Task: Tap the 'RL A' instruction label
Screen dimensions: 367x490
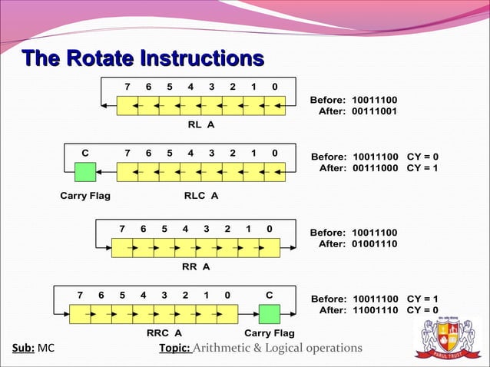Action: click(x=201, y=124)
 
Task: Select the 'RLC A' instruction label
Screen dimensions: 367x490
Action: click(x=201, y=196)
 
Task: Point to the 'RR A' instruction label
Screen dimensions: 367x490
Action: click(x=196, y=267)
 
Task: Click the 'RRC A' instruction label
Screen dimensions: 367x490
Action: click(x=164, y=333)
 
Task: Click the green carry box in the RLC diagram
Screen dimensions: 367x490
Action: click(x=84, y=172)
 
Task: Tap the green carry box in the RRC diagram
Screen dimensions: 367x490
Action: click(x=269, y=315)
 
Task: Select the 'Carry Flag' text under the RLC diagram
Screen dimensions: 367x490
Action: click(x=84, y=196)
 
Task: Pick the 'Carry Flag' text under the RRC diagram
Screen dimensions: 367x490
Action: click(x=269, y=333)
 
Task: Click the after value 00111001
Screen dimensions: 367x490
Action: click(x=374, y=112)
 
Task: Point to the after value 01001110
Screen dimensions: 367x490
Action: click(x=374, y=244)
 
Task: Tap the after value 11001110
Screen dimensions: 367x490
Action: click(x=374, y=310)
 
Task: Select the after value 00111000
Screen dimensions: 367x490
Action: click(x=374, y=168)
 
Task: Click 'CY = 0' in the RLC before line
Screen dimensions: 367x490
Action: click(x=422, y=157)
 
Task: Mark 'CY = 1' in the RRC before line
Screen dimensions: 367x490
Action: click(x=422, y=299)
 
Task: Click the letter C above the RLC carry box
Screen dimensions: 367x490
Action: click(x=85, y=152)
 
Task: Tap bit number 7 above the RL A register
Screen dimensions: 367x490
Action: click(x=127, y=86)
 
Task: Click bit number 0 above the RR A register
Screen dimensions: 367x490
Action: click(x=269, y=229)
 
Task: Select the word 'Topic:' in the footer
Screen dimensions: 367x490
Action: click(x=174, y=348)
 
